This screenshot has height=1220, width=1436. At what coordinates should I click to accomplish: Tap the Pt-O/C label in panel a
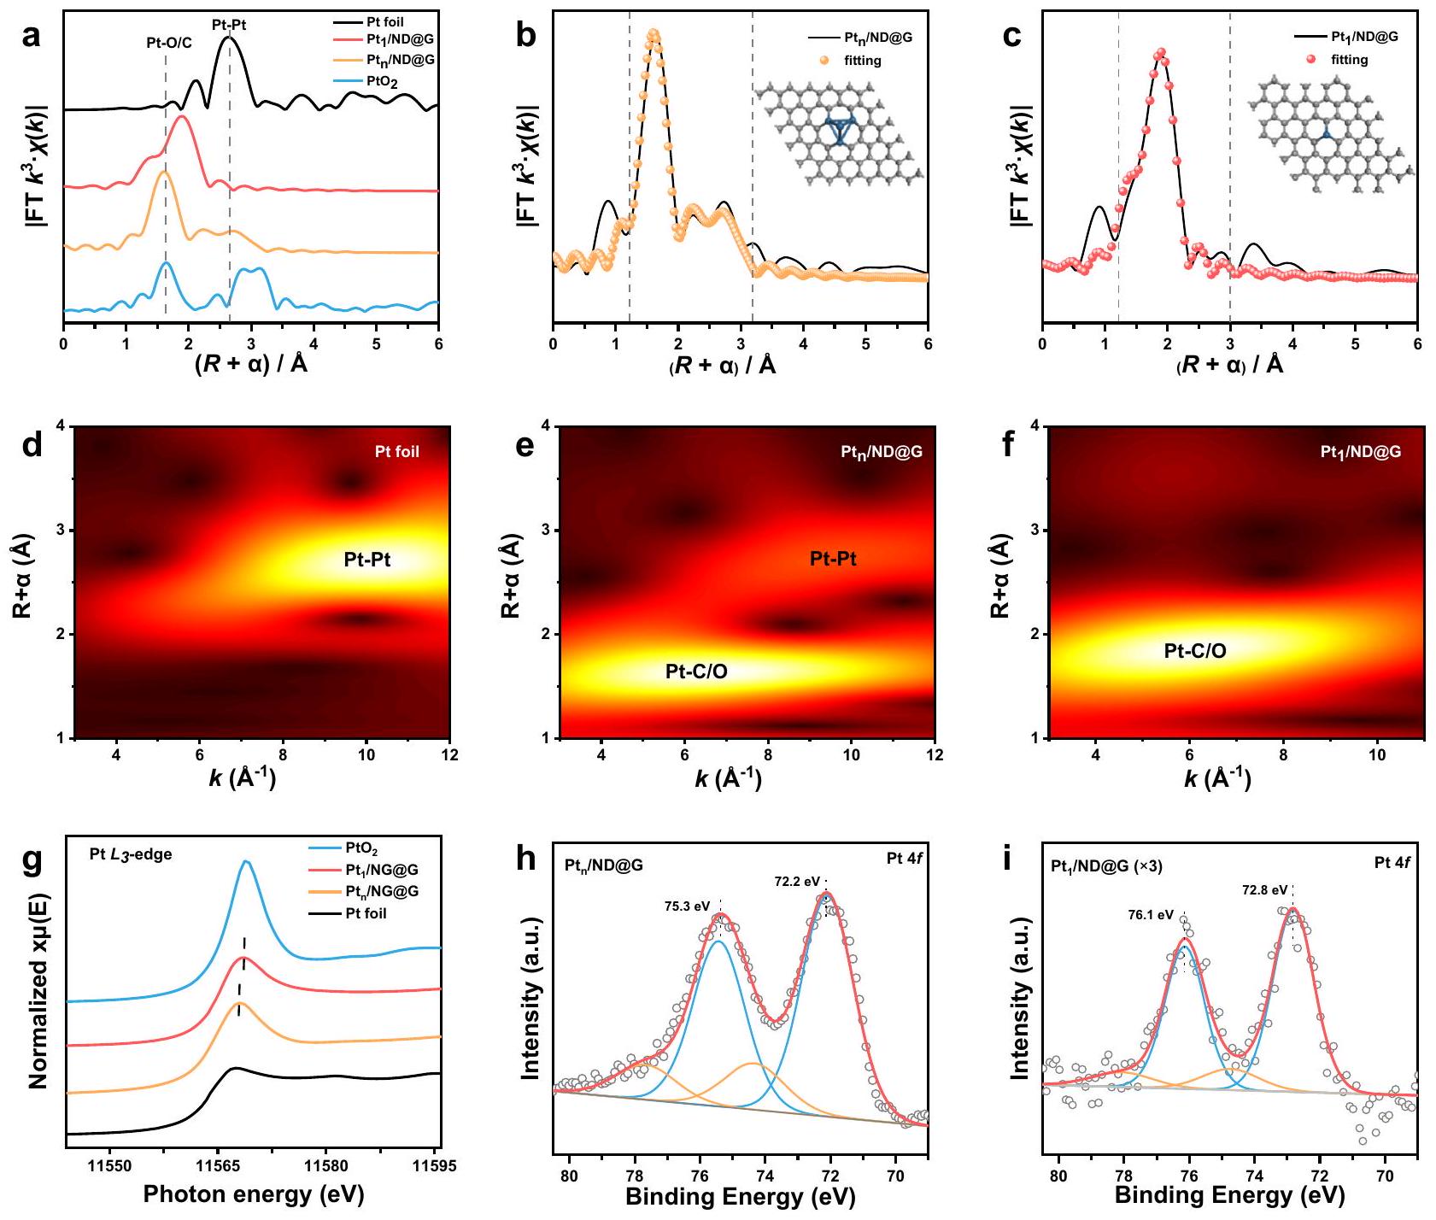tap(168, 42)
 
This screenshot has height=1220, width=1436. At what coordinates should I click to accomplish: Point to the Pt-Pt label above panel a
tap(229, 25)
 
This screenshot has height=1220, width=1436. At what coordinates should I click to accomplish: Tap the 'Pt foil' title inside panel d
tap(397, 451)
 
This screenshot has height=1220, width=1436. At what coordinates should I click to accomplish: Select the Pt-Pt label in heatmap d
tap(367, 560)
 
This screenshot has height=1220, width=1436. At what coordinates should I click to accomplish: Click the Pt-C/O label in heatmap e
tap(696, 672)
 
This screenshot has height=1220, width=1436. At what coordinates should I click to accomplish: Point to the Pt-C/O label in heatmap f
tap(1195, 651)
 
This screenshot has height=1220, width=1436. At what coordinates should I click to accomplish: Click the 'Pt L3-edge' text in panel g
tap(131, 854)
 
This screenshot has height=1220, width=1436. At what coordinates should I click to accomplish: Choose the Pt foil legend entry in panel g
tap(366, 913)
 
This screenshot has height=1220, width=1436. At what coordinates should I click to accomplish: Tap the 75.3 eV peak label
tap(688, 906)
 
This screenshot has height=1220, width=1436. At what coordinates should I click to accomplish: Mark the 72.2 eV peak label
tap(797, 882)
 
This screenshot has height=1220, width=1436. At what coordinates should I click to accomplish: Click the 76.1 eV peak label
tap(1151, 914)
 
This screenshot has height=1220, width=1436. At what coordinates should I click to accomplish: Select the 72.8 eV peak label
tap(1264, 890)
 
